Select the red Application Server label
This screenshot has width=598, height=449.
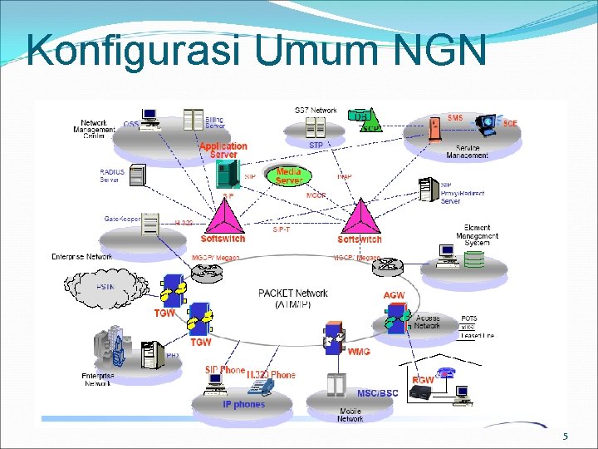[223, 150]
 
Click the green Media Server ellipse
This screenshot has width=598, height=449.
[288, 176]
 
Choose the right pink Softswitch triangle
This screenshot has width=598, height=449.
[360, 220]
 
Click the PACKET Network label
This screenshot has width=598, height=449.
[293, 299]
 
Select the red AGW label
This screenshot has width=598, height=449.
[394, 296]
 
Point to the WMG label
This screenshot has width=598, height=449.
[360, 352]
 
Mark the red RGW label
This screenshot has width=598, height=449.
[424, 380]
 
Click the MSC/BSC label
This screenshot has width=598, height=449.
[377, 393]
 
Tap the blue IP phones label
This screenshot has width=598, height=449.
[243, 404]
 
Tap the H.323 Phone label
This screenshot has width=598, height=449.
[271, 375]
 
